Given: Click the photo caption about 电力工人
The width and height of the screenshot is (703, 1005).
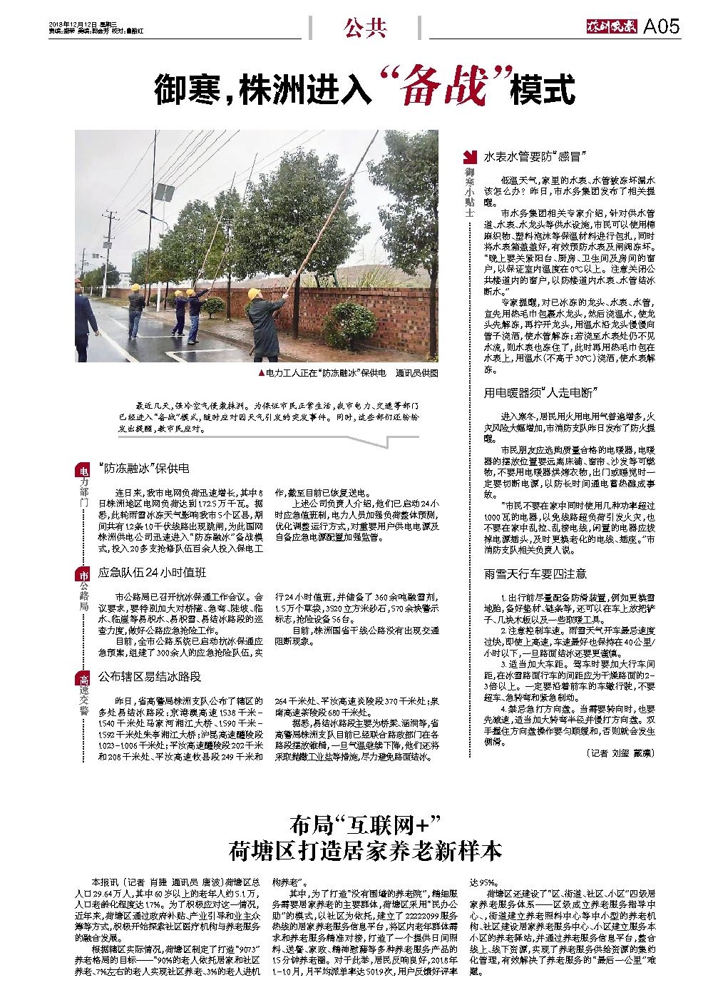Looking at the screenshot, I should (x=349, y=373).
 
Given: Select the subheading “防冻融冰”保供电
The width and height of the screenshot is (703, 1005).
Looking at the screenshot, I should (x=143, y=469).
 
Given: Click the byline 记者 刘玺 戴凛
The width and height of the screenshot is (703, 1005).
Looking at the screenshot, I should (x=618, y=753).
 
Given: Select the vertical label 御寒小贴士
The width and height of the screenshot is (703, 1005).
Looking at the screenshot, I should (x=470, y=193).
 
